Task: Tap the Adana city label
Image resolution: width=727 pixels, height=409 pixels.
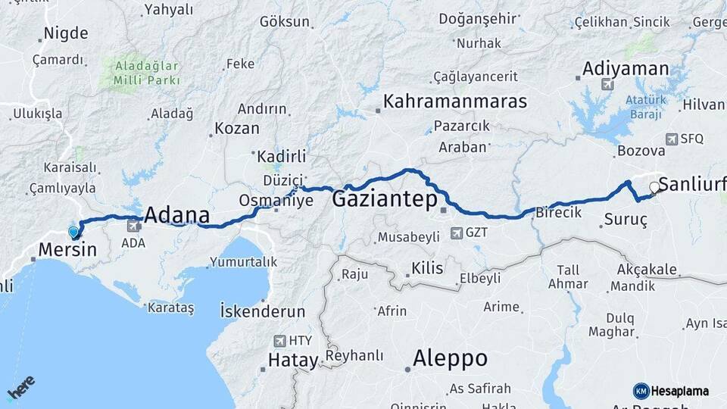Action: pos(176,214)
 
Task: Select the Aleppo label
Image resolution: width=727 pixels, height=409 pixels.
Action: pos(451,358)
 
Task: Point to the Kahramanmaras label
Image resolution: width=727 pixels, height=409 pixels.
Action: pos(454,101)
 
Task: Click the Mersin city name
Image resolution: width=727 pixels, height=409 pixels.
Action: pos(67,249)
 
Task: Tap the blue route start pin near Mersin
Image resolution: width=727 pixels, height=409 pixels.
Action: pos(73,232)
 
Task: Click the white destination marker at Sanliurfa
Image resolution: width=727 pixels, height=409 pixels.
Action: pos(654,186)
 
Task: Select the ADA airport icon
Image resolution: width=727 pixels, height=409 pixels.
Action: pos(135,225)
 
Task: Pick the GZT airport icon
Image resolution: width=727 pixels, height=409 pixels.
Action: pos(456,233)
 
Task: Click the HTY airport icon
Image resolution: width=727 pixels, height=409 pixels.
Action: pos(282,341)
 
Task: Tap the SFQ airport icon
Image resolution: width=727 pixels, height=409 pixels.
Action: pos(671,139)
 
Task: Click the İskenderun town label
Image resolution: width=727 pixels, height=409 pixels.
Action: pos(262,311)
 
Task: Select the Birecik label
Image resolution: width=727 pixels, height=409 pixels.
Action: pos(558,213)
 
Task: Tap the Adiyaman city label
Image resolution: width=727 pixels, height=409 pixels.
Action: pos(626,69)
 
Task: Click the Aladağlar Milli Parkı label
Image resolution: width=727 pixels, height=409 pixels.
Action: pos(148,73)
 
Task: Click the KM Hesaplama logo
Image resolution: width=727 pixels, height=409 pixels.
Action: pos(671,391)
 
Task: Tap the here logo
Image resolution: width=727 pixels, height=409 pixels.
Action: pos(21,391)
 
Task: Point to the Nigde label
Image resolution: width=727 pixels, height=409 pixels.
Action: pos(66,33)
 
